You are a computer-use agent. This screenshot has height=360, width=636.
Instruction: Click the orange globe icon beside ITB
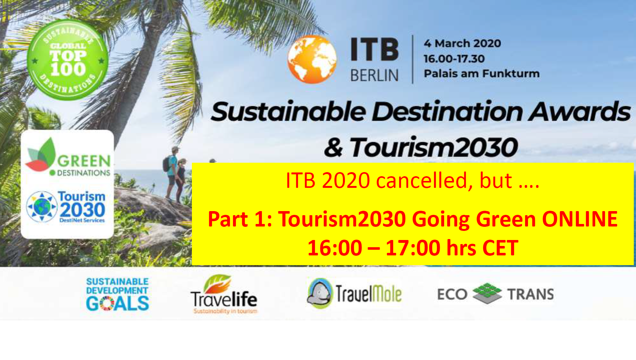[312, 59]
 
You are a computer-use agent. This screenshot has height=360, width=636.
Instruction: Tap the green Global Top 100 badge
[68, 60]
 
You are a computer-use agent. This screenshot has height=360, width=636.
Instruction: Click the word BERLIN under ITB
[374, 75]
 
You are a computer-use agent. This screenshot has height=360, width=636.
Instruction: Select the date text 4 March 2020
[462, 43]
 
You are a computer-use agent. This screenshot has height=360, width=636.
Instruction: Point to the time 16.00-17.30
[454, 59]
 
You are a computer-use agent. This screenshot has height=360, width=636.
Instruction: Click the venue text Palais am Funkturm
[481, 74]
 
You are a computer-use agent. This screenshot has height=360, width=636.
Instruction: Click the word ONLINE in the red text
[580, 219]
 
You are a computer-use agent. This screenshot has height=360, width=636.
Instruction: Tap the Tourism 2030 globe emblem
[42, 207]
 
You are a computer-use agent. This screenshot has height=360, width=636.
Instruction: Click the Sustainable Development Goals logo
[117, 294]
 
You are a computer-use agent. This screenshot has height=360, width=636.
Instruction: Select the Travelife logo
[224, 294]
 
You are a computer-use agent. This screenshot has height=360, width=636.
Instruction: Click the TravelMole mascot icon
[319, 293]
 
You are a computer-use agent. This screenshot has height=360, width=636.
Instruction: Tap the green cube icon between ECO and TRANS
[487, 293]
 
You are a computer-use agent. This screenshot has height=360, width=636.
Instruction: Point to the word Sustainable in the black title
[289, 112]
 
